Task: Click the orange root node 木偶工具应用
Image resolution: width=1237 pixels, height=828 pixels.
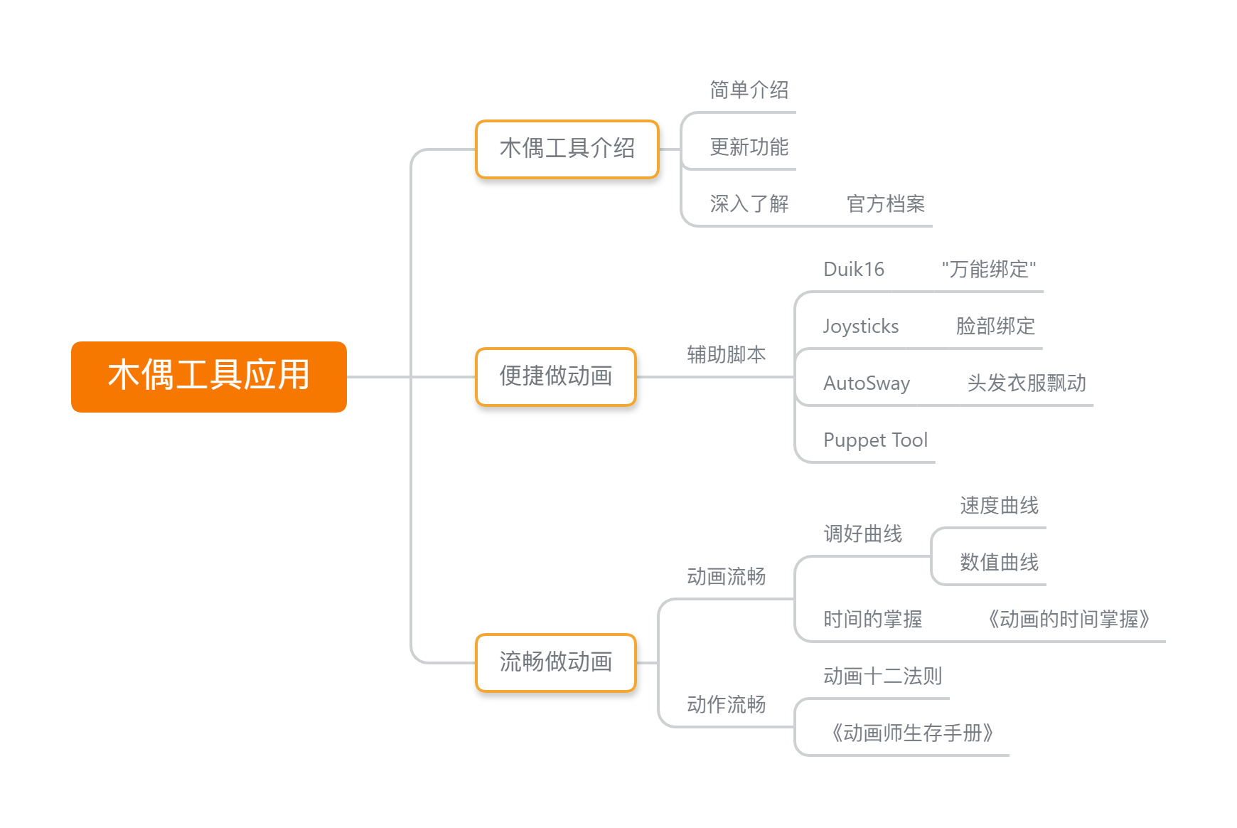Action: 209,376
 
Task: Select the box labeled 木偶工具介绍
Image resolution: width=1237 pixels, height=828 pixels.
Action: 567,149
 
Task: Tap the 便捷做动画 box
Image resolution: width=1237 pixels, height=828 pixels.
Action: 556,376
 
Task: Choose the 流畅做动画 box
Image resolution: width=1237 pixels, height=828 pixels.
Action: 556,662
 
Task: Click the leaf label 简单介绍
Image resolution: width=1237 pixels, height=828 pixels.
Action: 749,90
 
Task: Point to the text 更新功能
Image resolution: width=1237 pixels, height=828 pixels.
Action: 749,147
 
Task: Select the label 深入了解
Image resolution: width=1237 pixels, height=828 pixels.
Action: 749,203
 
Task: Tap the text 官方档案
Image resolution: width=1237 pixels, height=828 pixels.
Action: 886,203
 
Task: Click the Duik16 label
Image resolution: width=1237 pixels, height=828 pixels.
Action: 854,269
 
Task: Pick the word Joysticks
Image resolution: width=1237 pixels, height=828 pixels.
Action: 861,326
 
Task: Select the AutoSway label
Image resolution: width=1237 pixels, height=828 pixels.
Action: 867,383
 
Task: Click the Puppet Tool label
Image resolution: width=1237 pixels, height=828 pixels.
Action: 876,440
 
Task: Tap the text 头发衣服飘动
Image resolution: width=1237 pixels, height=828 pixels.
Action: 1027,383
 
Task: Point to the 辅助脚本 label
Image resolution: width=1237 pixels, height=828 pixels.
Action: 727,354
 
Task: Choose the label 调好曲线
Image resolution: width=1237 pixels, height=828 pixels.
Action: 863,534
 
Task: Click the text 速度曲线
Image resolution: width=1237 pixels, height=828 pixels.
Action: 1000,505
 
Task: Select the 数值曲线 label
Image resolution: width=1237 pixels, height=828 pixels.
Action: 1000,562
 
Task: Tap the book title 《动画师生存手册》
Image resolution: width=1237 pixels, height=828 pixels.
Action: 912,733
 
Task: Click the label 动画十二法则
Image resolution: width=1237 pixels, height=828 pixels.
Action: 883,676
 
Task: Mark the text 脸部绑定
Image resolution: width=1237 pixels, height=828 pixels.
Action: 995,326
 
